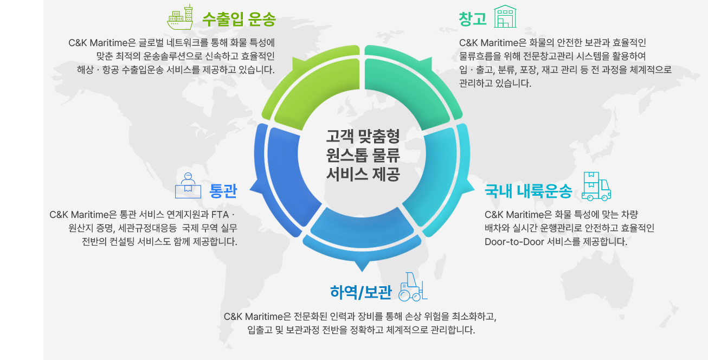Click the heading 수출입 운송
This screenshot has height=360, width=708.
(239, 20)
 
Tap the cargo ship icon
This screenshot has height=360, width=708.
(180, 17)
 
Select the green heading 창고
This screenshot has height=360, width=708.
(473, 19)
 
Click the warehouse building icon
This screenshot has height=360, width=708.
(505, 16)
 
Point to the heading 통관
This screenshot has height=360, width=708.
(223, 191)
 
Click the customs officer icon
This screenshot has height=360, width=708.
(188, 185)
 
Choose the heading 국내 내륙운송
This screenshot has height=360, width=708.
(529, 191)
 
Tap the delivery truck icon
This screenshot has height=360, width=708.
(596, 186)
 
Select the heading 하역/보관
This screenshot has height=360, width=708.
(361, 292)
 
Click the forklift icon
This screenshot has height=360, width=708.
(413, 287)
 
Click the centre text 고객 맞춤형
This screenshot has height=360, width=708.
(363, 136)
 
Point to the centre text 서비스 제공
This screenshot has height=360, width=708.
(363, 174)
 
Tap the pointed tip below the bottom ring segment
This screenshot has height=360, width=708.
(362, 271)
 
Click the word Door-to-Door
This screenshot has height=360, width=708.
(514, 242)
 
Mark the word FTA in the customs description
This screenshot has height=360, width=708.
(220, 215)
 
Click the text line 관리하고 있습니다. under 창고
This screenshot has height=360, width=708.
(495, 83)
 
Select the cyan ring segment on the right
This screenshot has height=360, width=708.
(439, 180)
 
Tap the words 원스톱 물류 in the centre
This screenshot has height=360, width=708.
(363, 155)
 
